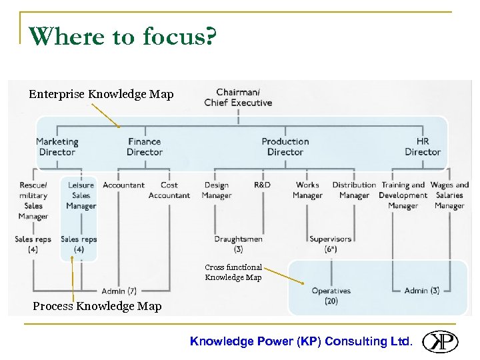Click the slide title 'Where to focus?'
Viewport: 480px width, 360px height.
point(123,37)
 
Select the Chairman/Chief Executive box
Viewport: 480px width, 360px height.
point(238,97)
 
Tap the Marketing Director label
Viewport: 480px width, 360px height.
point(57,147)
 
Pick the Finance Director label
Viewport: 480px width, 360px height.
point(145,147)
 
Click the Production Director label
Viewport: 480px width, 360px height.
point(285,147)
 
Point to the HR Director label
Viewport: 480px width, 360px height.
point(423,147)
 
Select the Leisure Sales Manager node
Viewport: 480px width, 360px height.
point(81,195)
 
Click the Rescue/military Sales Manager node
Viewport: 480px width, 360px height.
point(33,200)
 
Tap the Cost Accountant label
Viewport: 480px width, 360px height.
point(169,190)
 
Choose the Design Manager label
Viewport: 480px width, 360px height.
point(216,190)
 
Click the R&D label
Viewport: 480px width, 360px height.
point(262,185)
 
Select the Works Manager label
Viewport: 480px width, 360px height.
point(307,190)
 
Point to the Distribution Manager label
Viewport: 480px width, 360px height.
point(354,190)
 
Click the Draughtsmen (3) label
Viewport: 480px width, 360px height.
point(238,244)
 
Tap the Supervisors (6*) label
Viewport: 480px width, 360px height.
point(330,244)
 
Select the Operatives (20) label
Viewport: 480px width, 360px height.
point(331,295)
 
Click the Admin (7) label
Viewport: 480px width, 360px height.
point(119,291)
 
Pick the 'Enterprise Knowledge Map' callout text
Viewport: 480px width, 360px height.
point(101,94)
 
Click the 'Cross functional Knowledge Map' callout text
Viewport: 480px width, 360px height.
point(233,272)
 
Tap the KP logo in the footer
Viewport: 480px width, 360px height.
point(441,341)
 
